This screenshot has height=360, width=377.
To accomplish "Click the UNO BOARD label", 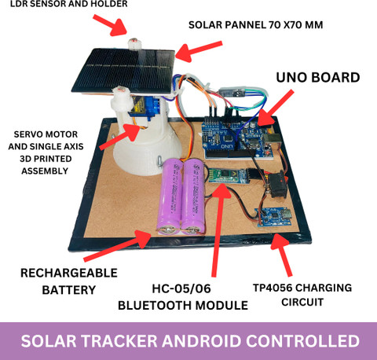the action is click(318, 78).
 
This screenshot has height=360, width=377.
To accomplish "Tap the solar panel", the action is click(123, 72).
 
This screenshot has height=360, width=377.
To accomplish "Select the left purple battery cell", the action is click(169, 197).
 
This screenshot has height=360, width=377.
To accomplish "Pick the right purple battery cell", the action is click(193, 197).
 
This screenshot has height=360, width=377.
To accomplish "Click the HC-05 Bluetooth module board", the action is click(228, 175).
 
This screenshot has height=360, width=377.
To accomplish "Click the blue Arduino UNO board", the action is click(237, 139).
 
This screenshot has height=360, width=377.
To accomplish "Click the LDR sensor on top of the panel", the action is click(134, 43).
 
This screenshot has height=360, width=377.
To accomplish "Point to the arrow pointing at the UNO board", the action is click(275, 108).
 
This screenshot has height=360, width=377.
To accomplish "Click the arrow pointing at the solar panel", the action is click(199, 51).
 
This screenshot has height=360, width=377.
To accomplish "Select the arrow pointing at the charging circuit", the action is click(281, 255).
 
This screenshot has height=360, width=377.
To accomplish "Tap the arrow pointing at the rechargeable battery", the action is click(117, 245).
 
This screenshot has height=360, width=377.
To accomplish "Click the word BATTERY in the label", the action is click(69, 290).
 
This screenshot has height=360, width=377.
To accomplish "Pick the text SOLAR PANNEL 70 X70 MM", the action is click(255, 25).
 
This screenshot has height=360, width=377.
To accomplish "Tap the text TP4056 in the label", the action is click(273, 288).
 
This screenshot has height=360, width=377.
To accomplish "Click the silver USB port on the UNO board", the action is click(269, 139).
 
